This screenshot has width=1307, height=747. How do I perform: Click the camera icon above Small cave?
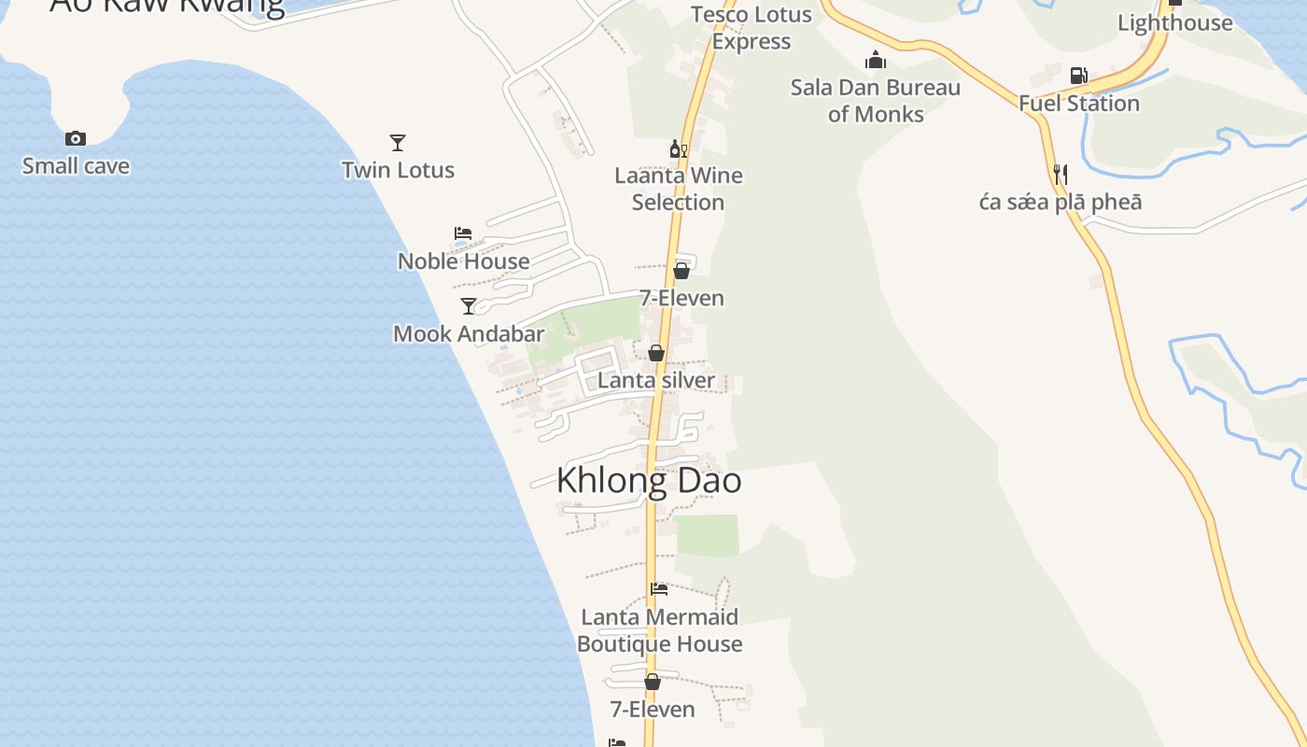pos(76,139)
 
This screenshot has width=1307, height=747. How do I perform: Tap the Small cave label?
pos(76,166)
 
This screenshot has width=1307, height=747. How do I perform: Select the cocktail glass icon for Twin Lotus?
pos(398,143)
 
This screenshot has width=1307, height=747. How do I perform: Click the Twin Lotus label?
pos(398,170)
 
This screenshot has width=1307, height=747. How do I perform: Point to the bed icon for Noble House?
pos(463,233)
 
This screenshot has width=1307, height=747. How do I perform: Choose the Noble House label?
pos(463,261)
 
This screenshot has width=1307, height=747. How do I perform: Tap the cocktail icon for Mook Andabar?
pos(469,306)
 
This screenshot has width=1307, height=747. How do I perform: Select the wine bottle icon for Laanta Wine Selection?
pos(678,148)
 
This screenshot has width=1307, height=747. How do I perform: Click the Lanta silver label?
pos(656,380)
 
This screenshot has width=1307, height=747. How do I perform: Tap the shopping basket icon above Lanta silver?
pos(656,353)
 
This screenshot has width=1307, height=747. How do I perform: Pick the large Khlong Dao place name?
pos(649,480)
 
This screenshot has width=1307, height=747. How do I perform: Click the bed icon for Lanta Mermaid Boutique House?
pos(659,589)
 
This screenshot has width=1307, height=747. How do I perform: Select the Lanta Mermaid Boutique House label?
pos(660,630)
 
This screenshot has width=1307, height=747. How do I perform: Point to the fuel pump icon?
pos(1078,76)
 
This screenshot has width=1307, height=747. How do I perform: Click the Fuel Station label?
pos(1079,103)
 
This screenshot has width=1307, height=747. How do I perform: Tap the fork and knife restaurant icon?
pos(1061,175)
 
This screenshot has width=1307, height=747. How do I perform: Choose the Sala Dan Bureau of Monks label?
pos(876,101)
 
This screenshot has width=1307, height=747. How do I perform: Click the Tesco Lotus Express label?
pos(752,28)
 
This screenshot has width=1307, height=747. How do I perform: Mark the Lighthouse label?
pos(1175,23)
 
